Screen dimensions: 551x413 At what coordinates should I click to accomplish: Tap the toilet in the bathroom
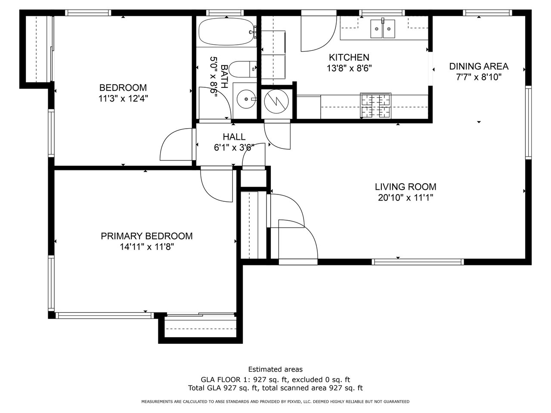242,69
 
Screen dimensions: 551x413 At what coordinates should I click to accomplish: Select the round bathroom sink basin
246,99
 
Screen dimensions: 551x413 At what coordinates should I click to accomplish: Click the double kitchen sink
383,29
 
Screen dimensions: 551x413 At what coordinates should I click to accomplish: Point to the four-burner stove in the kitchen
375,105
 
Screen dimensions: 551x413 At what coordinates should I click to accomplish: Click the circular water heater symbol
276,102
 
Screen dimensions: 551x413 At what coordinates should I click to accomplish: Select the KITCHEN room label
349,57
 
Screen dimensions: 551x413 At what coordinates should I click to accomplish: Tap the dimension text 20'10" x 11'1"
406,198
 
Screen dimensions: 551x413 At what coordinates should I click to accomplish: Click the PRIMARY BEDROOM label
147,236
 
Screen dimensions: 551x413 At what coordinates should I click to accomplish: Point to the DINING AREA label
479,66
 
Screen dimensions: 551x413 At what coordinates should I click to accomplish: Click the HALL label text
234,137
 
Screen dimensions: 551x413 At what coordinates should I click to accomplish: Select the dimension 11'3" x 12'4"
123,99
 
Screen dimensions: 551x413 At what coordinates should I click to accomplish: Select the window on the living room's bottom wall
418,262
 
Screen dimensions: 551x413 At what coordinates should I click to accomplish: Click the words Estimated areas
275,370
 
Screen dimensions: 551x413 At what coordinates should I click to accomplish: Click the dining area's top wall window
487,13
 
